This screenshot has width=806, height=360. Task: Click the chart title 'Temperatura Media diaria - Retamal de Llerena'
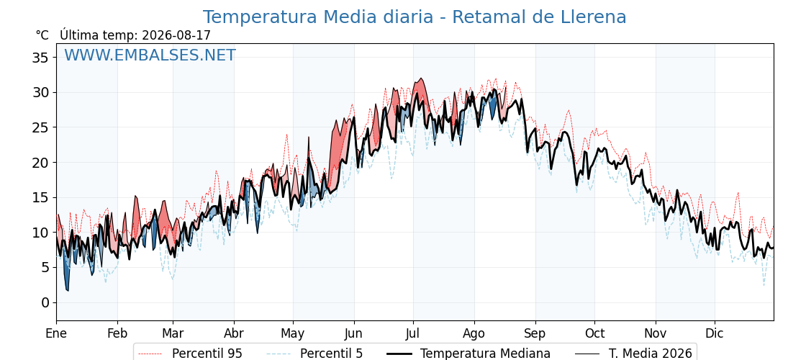pos(415,17)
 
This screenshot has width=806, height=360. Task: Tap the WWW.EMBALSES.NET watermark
pos(150,55)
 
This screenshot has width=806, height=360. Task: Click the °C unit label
pos(42,35)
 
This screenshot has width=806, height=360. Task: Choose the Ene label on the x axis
pos(56,333)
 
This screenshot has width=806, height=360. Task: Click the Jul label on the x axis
pos(413,333)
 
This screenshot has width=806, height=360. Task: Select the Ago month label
pos(474,334)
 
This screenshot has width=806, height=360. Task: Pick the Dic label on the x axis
pos(715,333)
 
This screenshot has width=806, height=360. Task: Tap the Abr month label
pos(234,333)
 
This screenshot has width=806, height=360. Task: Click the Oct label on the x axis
pos(594,333)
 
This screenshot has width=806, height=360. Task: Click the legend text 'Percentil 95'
pos(207,354)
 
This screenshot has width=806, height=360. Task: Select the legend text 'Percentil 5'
pos(332,354)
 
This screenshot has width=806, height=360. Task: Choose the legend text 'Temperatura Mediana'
pos(485,354)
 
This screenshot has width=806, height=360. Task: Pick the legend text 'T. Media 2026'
pos(651,354)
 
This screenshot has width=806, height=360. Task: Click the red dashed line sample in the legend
pos(150,354)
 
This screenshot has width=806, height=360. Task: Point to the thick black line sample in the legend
pos(398,354)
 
